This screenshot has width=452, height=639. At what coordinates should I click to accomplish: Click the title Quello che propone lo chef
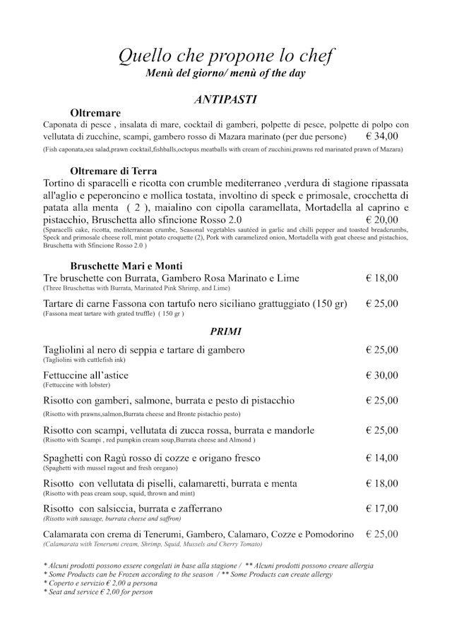click(x=225, y=56)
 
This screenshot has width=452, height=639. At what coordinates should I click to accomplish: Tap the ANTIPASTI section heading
click(x=225, y=99)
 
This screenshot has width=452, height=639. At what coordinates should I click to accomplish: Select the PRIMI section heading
click(x=225, y=331)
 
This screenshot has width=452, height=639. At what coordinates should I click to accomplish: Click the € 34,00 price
click(x=382, y=137)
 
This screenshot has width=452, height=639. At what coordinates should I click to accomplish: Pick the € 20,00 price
click(x=382, y=220)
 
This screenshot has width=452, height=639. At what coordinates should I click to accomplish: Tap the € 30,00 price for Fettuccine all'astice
click(x=382, y=375)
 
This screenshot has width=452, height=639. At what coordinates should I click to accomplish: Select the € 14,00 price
click(x=382, y=458)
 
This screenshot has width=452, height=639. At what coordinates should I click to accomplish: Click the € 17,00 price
click(x=382, y=508)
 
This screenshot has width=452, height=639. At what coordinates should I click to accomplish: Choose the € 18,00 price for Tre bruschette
click(x=382, y=279)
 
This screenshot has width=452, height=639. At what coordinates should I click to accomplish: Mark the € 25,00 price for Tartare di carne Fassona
click(x=382, y=304)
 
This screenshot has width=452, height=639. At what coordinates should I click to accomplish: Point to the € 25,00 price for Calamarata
click(x=382, y=534)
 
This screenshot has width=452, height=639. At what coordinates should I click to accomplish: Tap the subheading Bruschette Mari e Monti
click(x=126, y=266)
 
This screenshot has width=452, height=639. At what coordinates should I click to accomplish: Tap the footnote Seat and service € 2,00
click(x=98, y=592)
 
